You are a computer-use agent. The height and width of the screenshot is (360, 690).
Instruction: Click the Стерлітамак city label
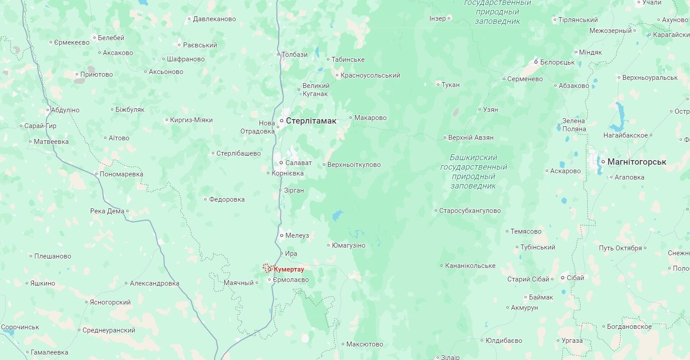tap(311, 121)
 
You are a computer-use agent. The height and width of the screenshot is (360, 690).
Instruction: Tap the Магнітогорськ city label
tap(636, 162)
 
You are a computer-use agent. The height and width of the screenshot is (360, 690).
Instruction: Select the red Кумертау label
tap(289, 269)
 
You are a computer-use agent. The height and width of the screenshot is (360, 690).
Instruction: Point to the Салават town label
tap(298, 163)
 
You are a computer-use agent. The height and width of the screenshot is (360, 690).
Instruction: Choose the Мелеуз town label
tap(297, 235)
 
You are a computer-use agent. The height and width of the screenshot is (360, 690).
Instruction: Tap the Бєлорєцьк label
tap(557, 62)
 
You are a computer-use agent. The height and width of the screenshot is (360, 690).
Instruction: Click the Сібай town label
tap(575, 278)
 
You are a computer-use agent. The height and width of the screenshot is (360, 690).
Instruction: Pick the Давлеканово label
tap(214, 19)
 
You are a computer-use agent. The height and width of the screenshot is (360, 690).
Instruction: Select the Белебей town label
tap(111, 38)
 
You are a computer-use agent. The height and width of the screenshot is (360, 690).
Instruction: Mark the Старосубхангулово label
tap(470, 211)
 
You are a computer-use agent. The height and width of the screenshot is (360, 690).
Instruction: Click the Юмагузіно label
tap(349, 245)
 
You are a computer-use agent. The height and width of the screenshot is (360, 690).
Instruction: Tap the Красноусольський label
tap(370, 75)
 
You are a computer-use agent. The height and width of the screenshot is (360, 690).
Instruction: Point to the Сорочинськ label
tap(20, 327)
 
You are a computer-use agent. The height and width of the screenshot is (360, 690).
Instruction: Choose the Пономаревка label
tap(121, 174)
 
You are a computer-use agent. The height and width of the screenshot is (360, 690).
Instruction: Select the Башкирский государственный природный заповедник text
tap(474, 171)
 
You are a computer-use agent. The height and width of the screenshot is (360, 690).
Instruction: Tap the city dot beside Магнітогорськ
tap(603, 162)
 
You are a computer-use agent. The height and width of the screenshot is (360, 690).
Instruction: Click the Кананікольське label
tap(470, 266)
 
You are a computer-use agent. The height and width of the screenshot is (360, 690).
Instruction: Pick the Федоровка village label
tap(227, 199)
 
